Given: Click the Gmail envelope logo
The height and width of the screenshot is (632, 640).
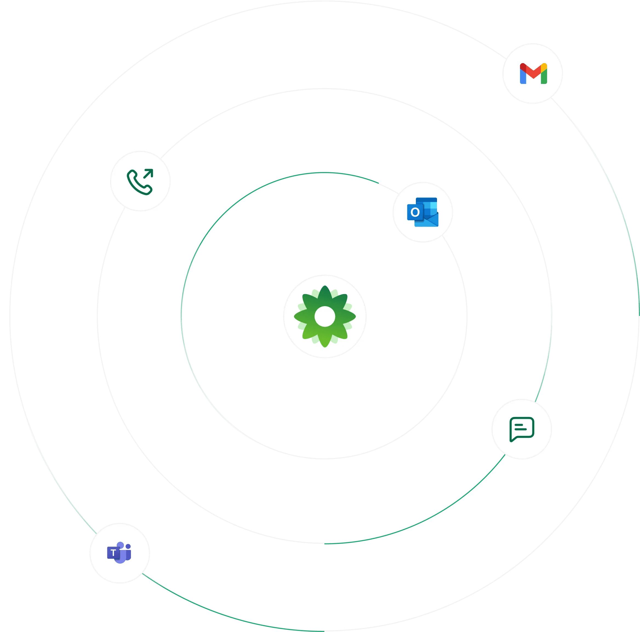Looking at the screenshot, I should pyautogui.click(x=533, y=74).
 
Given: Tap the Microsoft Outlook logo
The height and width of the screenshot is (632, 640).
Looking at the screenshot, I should pyautogui.click(x=423, y=212).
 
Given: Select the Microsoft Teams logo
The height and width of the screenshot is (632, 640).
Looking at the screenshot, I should pyautogui.click(x=119, y=552).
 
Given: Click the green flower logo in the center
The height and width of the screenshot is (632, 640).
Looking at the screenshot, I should pyautogui.click(x=325, y=316).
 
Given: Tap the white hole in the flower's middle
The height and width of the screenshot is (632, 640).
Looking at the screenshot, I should pyautogui.click(x=325, y=316).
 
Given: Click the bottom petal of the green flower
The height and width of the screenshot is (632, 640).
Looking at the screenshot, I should pyautogui.click(x=325, y=340).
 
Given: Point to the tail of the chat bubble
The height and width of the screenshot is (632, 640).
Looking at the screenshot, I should pyautogui.click(x=512, y=440).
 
